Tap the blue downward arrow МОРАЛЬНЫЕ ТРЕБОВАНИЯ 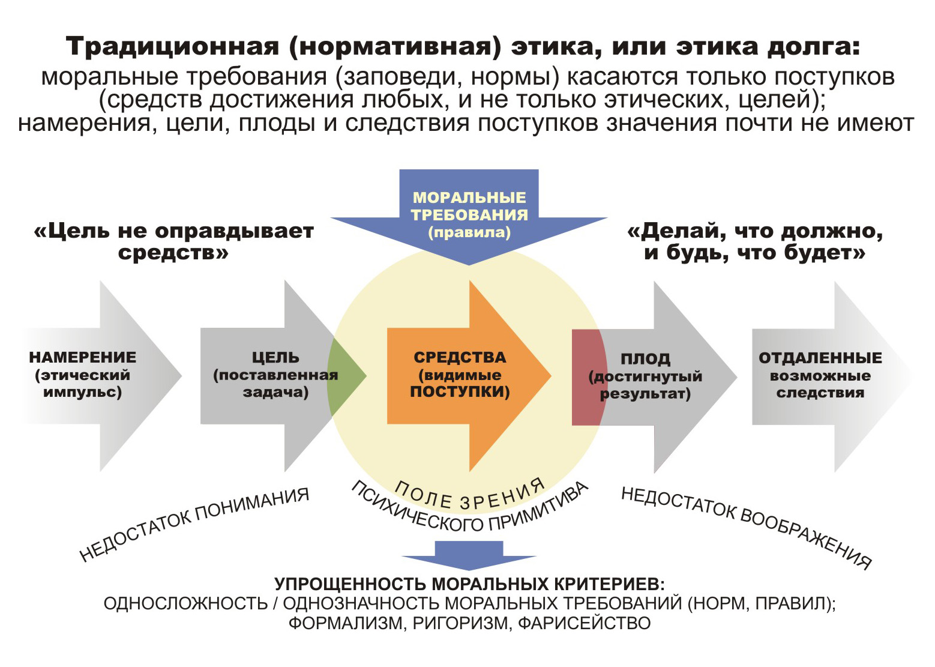click(469, 216)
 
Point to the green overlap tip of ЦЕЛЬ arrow click(344, 377)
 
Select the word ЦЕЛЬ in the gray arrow click(275, 358)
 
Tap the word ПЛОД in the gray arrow click(645, 359)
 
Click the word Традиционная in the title click(172, 46)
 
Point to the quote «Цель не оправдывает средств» click(173, 241)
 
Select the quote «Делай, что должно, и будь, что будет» click(755, 241)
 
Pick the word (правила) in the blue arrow click(469, 233)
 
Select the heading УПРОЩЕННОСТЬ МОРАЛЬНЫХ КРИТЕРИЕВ click(469, 584)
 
